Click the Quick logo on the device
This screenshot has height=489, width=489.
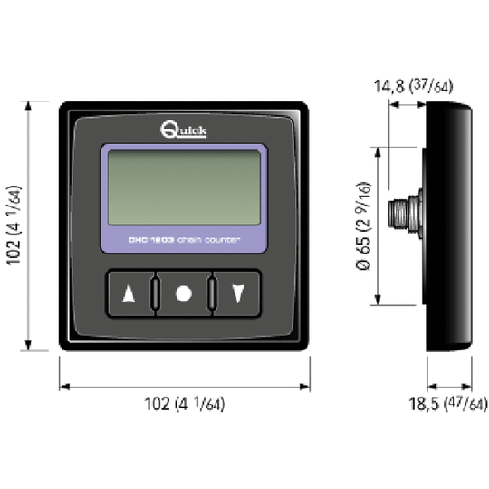pos(184,129)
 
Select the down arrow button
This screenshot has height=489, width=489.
pos(238,293)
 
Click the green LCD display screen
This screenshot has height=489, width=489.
pos(184,188)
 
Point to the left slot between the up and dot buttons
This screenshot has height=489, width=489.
pos(157,293)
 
